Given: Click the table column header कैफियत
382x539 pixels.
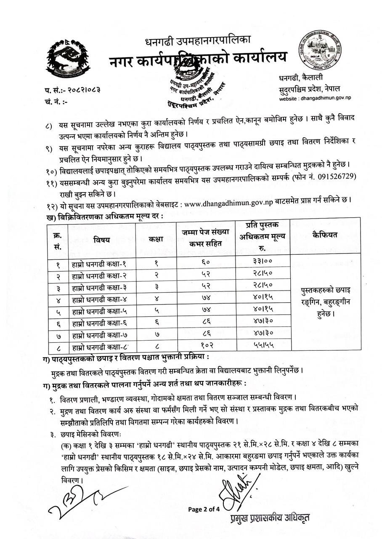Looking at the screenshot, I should pos(324,235).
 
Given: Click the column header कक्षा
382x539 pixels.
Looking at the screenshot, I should pos(156,239).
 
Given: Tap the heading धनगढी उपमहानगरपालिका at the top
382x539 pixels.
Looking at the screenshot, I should pos(198,41).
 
